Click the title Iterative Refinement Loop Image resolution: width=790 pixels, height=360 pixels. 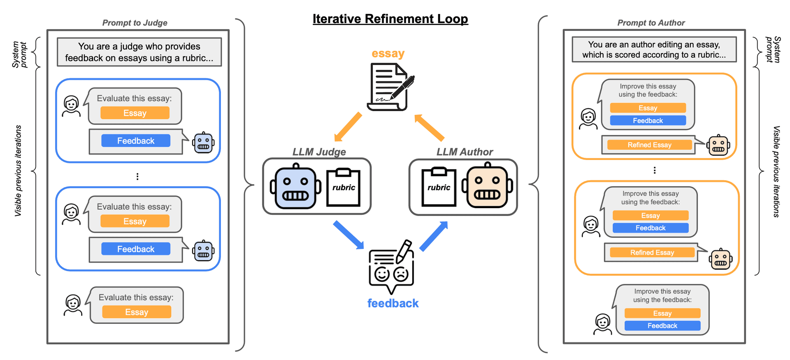[390, 19]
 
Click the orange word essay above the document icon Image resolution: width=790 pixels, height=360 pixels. [388, 53]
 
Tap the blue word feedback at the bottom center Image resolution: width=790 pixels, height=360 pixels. [393, 303]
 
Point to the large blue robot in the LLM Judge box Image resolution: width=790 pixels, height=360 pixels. [295, 186]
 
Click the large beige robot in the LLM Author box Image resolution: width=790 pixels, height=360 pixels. [487, 186]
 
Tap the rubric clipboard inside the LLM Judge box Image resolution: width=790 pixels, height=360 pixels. [343, 187]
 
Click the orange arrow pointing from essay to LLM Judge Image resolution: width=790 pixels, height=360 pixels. [348, 127]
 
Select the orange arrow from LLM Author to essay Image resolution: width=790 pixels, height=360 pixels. [429, 128]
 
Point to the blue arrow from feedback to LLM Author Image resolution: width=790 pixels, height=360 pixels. [434, 236]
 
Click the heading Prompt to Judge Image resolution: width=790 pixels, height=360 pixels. [135, 23]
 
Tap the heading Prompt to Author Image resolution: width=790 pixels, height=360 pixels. [651, 23]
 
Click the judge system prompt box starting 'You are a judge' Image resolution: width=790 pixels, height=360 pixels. [139, 52]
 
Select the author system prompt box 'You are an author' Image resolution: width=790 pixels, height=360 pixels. [654, 50]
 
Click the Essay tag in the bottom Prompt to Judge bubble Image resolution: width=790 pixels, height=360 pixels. [137, 312]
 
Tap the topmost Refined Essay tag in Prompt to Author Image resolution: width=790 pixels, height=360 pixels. [649, 145]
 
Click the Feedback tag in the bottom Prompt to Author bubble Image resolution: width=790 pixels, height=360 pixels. [662, 326]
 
